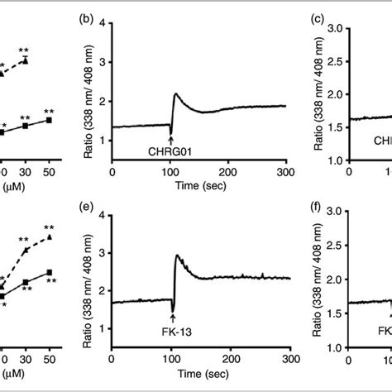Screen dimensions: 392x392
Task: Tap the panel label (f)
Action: pyautogui.click(x=313, y=203)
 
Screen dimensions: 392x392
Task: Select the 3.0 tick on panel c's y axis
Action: pyautogui.click(x=332, y=27)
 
